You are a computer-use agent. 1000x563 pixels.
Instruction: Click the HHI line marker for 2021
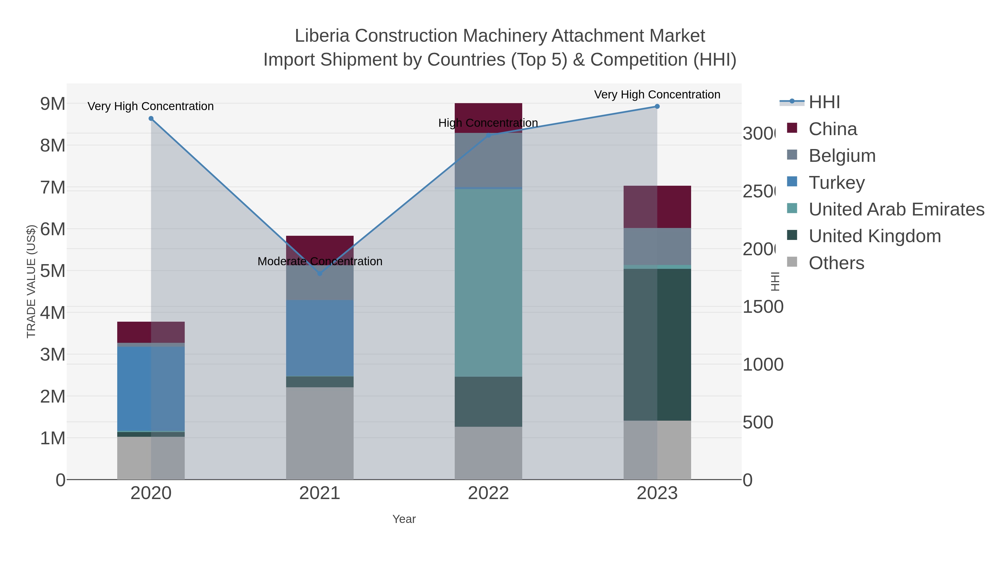point(319,274)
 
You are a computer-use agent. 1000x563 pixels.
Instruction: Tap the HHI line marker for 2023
point(657,106)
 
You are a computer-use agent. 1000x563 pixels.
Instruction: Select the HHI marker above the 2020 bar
point(151,118)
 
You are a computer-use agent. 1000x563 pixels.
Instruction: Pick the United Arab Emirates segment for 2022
point(488,282)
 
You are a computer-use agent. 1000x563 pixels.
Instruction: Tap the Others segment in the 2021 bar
point(319,433)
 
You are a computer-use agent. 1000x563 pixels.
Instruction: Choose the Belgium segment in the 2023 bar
point(657,246)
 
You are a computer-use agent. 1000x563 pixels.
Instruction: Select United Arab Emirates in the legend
point(896,209)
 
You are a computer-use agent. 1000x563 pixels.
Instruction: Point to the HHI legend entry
point(824,102)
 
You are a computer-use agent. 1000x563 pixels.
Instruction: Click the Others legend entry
point(836,263)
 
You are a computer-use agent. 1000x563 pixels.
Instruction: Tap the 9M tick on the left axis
point(53,104)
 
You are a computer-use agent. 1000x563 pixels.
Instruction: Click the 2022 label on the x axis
point(488,493)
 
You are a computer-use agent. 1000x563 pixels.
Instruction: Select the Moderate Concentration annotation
point(319,262)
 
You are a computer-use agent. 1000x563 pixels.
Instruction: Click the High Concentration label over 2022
point(488,123)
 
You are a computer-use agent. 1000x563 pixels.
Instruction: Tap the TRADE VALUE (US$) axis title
point(31,281)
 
